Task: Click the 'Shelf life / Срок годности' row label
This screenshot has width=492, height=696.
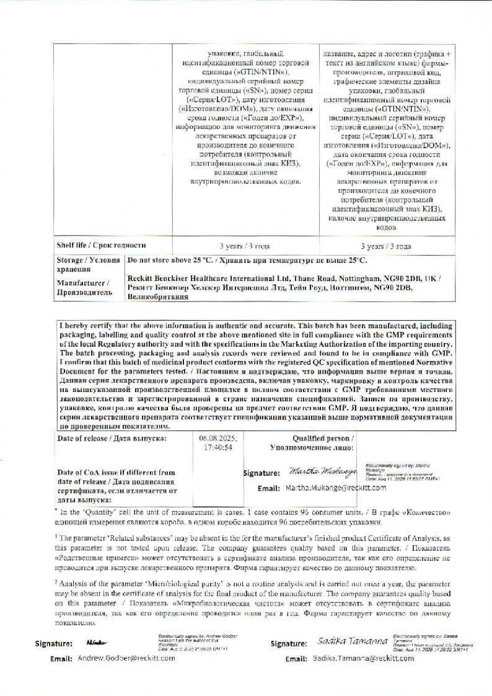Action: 101,245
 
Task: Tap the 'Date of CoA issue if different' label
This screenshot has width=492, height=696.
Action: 115,472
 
